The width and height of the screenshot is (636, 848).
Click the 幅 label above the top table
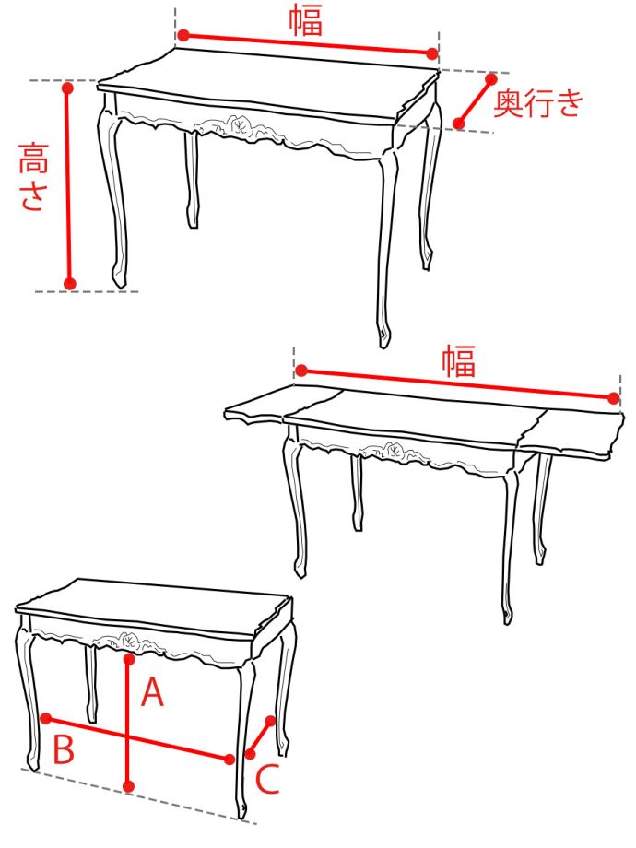306,20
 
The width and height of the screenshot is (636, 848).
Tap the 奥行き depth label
538,102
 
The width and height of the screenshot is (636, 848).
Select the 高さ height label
33,176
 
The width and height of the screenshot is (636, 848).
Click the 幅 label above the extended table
459,361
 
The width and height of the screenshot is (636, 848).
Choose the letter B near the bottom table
64,748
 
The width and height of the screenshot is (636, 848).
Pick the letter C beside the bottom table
267,778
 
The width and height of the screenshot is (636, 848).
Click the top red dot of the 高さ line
67,87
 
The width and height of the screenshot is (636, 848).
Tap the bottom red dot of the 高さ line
70,283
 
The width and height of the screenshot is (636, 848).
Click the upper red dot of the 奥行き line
491,79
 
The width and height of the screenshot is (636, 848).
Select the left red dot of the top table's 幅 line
183,36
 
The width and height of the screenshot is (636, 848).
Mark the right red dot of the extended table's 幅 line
613,398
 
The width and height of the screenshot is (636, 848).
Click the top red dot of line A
129,659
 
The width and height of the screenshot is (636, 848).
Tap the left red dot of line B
46,718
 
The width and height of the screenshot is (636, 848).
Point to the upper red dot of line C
271,721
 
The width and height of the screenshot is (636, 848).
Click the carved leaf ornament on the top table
238,125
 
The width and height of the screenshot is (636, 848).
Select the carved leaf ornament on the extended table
395,450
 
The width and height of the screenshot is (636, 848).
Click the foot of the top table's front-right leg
384,336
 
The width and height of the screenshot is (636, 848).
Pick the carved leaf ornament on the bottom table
129,641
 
